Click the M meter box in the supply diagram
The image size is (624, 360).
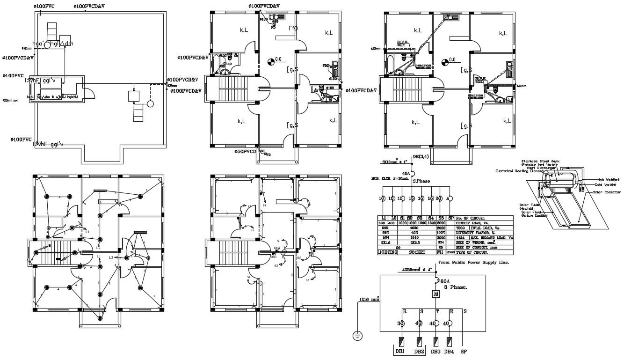tap(436, 294)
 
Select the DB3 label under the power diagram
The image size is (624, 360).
tap(435, 352)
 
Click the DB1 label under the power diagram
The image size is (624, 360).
tap(400, 352)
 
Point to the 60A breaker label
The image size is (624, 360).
tap(444, 281)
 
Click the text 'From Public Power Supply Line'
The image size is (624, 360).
tap(473, 263)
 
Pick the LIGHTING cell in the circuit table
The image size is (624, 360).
tap(387, 252)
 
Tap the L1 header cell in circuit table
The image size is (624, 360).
tap(383, 218)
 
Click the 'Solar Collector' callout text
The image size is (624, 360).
tap(607, 192)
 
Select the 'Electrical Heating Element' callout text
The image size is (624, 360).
tap(519, 171)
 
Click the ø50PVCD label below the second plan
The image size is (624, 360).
tap(246, 152)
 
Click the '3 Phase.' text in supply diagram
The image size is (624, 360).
tap(455, 287)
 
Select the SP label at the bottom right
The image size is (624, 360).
tap(464, 352)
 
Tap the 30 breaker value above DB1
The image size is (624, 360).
tap(401, 323)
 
